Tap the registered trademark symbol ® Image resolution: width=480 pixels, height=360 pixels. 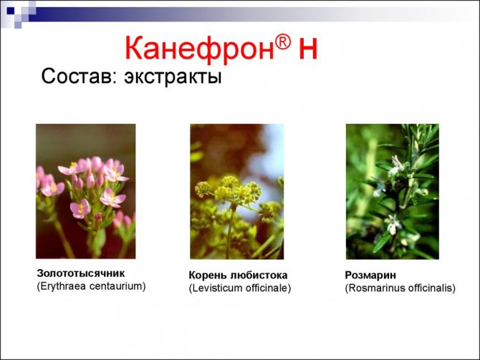[x=284, y=41]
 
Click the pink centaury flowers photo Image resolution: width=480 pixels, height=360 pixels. [x=85, y=190]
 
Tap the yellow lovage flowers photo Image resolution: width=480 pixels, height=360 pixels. [x=236, y=190]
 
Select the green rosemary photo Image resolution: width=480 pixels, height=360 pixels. [x=392, y=190]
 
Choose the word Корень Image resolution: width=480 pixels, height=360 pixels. [x=208, y=275]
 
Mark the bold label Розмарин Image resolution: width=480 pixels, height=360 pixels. [x=370, y=275]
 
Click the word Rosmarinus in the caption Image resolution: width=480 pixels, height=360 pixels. [x=376, y=288]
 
